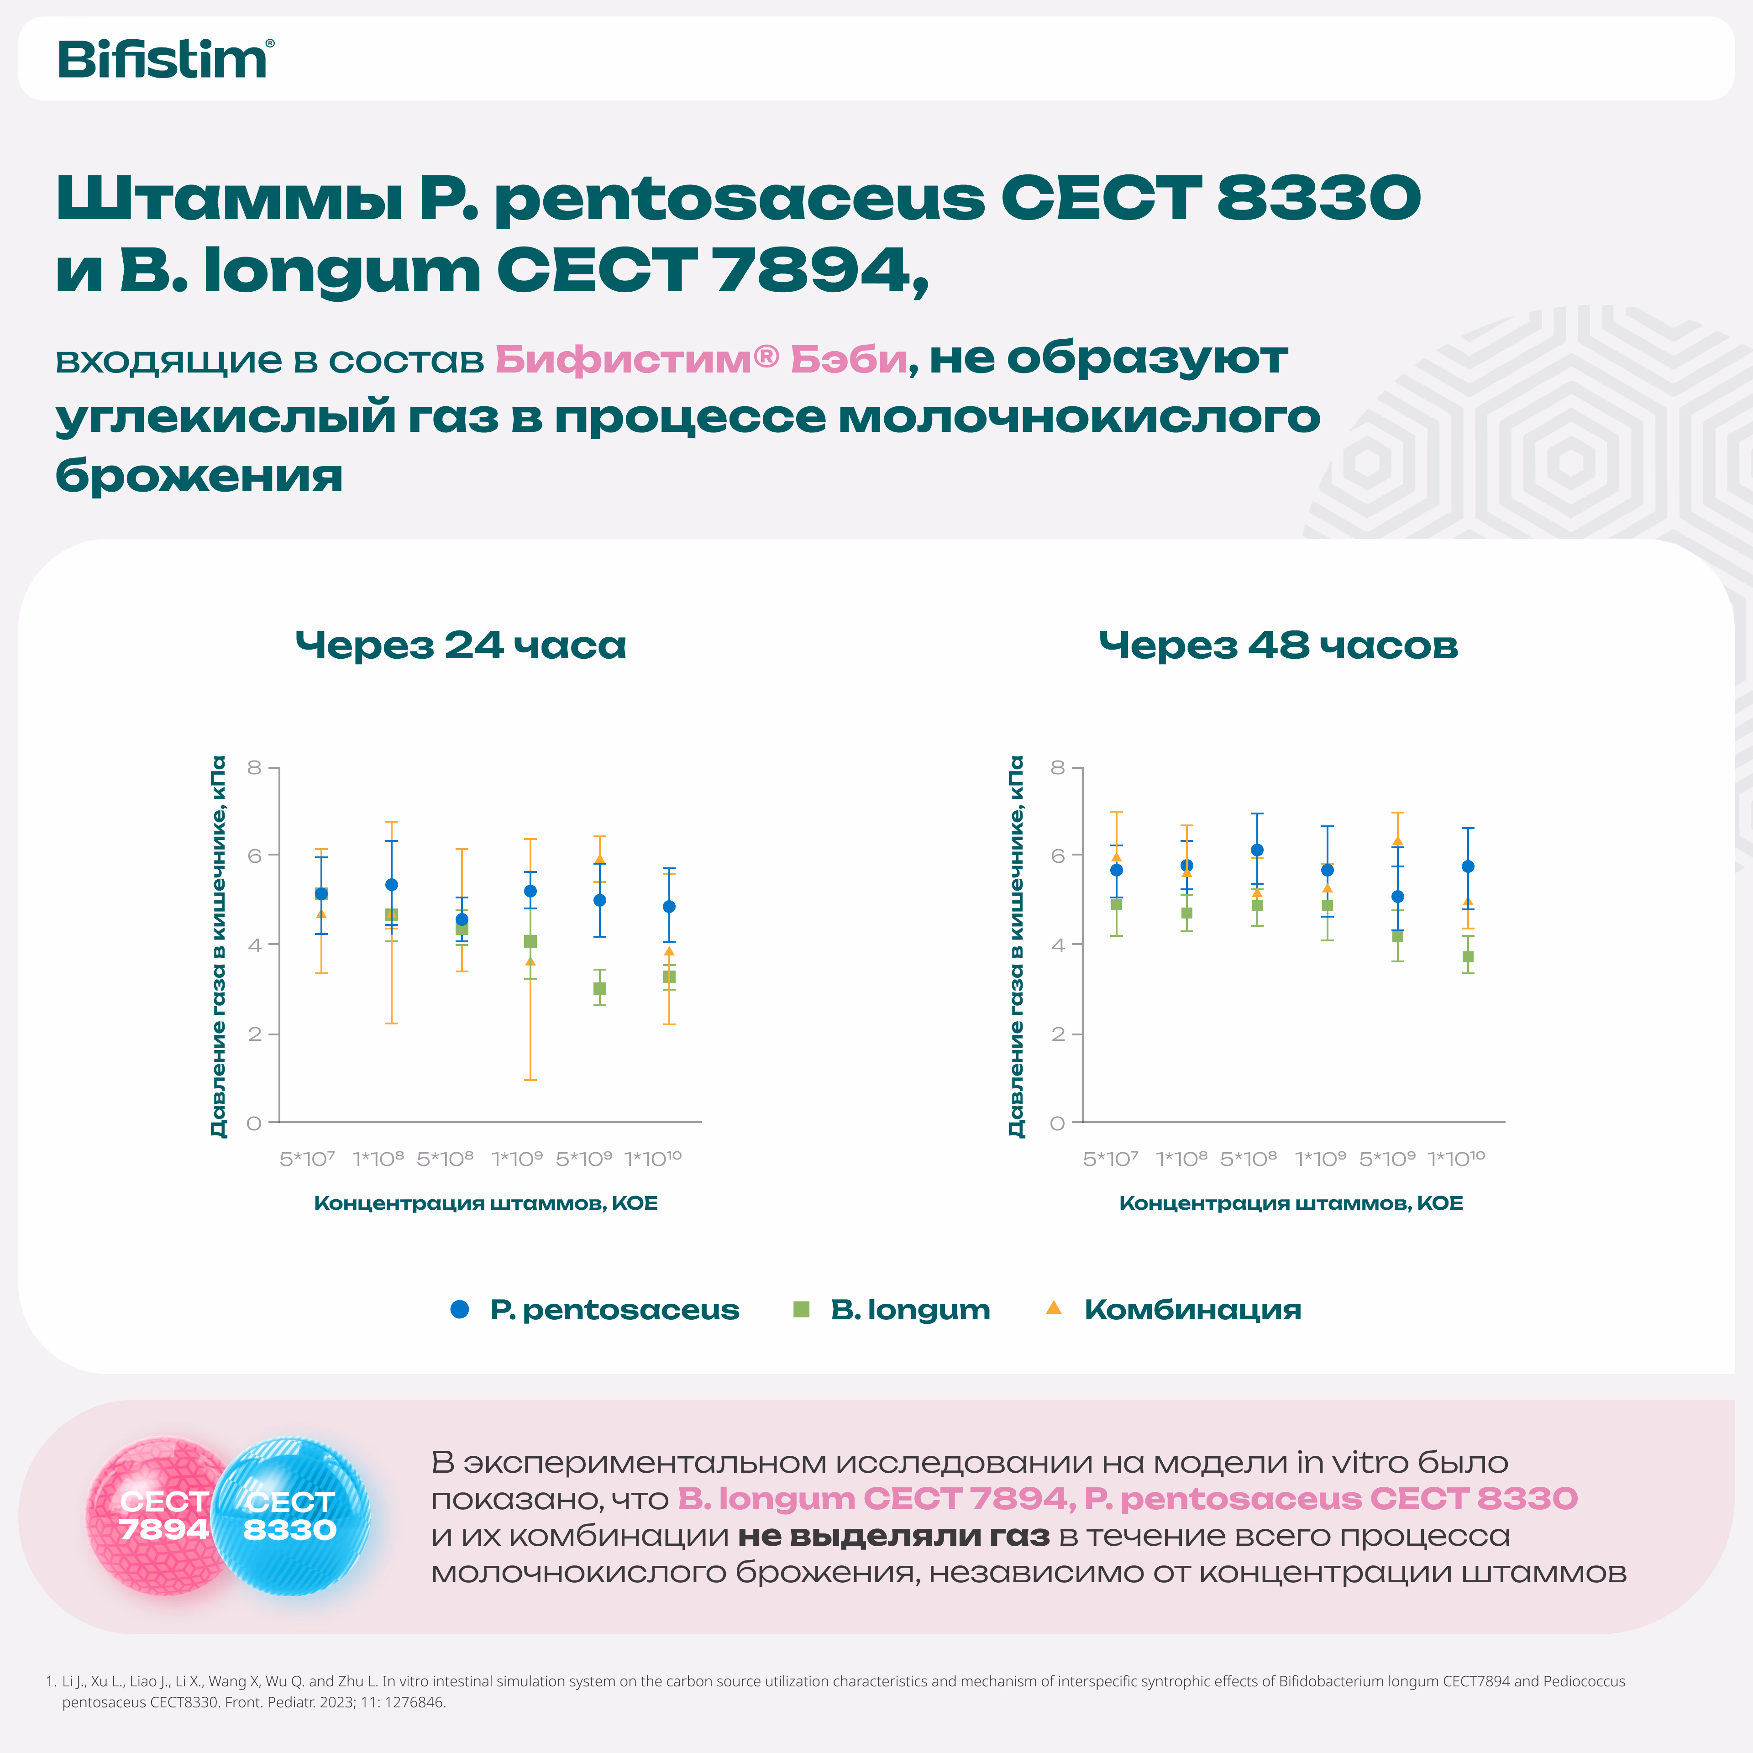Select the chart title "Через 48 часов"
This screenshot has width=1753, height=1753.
[x=1278, y=645]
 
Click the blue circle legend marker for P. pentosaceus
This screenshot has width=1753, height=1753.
[x=460, y=1309]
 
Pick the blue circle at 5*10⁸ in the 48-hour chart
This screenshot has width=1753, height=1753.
[x=1257, y=850]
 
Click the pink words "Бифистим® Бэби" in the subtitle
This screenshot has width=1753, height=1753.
[x=700, y=359]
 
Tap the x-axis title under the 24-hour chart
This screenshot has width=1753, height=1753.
[x=485, y=1203]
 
